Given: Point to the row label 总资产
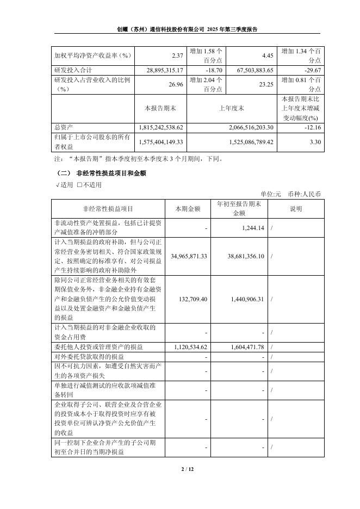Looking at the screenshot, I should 63,127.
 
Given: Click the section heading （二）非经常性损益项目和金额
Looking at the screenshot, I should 101,173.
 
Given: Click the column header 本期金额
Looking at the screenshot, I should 188,208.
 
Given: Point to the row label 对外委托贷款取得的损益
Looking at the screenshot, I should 89,357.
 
